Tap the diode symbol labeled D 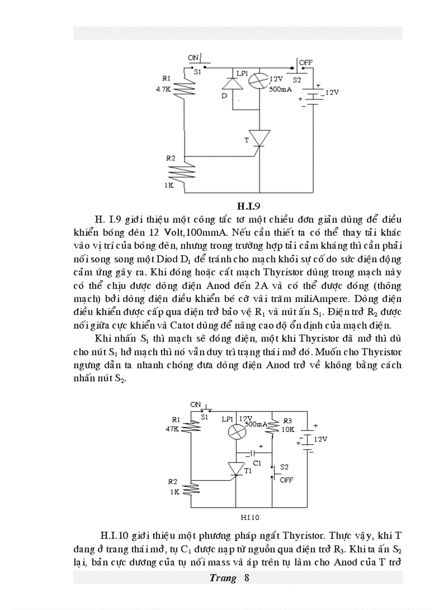click(x=229, y=84)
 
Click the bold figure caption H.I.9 click(x=251, y=206)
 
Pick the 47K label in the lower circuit click(x=172, y=429)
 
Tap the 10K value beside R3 click(x=287, y=429)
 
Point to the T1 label click(x=248, y=471)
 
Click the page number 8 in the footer click(x=246, y=577)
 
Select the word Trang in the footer click(x=223, y=577)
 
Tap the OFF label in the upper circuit click(x=306, y=62)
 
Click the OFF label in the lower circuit click(x=286, y=480)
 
